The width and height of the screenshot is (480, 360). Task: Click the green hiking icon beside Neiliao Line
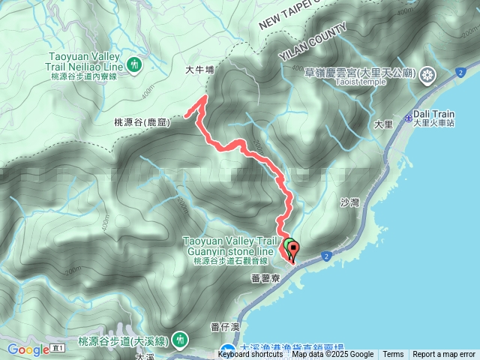134,64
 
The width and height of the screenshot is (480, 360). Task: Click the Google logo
28,349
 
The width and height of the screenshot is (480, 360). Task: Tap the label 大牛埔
199,70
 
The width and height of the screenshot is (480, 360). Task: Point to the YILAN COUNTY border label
313,46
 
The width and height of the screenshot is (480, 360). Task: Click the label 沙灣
350,202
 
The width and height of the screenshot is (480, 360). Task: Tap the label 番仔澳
224,326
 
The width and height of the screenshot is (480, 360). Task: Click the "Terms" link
393,355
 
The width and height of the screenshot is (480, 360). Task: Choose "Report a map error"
444,355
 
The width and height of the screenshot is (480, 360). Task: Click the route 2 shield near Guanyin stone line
328,256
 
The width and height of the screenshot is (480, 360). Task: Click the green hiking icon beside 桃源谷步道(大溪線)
179,340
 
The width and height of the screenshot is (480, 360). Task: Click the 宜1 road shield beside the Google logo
59,349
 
